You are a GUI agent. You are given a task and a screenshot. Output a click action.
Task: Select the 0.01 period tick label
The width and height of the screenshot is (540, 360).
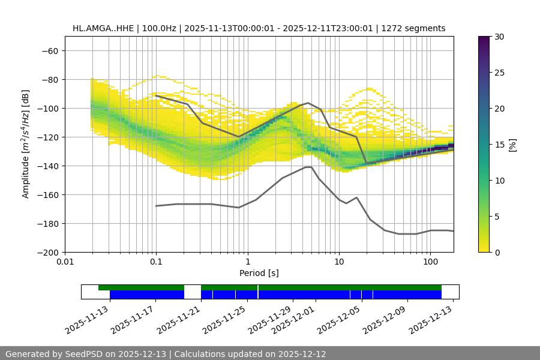click(x=65, y=262)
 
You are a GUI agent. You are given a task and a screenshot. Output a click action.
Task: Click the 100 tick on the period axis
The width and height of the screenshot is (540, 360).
click(x=430, y=262)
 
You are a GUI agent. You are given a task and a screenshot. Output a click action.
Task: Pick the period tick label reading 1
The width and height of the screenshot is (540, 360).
click(x=247, y=262)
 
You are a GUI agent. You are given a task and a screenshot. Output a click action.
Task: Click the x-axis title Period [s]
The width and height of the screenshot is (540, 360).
click(x=259, y=273)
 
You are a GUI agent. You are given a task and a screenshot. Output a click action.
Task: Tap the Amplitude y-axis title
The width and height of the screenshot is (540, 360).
click(x=26, y=144)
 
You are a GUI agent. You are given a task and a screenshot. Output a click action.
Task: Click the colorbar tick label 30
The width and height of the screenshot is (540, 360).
click(x=499, y=37)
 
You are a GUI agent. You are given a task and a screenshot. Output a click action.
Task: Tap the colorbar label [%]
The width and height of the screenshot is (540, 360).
click(x=512, y=144)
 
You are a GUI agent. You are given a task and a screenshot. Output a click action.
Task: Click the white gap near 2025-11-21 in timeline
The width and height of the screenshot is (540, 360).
click(x=192, y=292)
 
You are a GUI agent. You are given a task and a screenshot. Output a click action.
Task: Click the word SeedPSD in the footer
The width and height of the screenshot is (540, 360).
click(x=84, y=354)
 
